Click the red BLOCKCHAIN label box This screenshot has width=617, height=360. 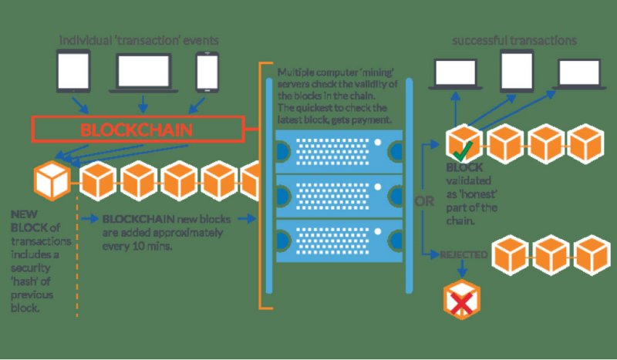(x=138, y=129)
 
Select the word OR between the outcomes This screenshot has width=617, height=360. (x=423, y=201)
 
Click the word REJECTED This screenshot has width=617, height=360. (x=464, y=255)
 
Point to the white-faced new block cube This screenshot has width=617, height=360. (x=52, y=181)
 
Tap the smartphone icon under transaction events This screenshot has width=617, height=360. (x=207, y=72)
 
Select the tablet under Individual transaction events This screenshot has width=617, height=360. (x=73, y=71)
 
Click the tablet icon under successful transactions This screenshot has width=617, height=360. (x=517, y=71)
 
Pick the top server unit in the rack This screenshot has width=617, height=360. (x=339, y=151)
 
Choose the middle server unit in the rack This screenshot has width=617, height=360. (x=339, y=196)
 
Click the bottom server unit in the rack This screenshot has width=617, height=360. (x=339, y=241)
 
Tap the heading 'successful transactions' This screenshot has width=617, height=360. (x=514, y=41)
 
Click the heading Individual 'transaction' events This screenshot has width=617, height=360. (x=139, y=41)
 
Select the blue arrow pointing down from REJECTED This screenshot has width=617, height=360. (x=462, y=268)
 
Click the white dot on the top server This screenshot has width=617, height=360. (x=378, y=143)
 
